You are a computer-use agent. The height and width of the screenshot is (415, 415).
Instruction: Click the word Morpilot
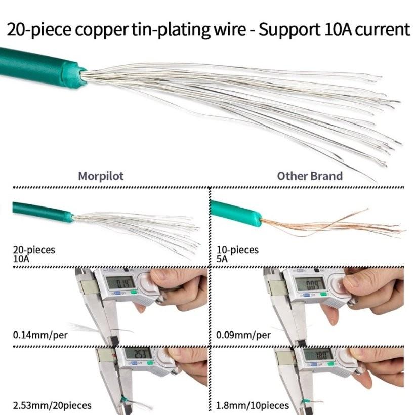pos(101,176)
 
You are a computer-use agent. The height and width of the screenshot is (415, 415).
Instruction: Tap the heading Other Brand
pos(309,176)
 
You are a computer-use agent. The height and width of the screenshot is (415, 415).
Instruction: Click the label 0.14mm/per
pos(40,335)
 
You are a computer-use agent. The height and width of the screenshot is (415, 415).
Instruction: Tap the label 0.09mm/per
pos(243,335)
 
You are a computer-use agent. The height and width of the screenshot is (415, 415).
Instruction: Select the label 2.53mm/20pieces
pos(52,405)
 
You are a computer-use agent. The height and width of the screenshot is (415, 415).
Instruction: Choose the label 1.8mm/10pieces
pos(253,405)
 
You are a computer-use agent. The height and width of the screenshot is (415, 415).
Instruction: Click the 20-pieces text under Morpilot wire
pos(34,250)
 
